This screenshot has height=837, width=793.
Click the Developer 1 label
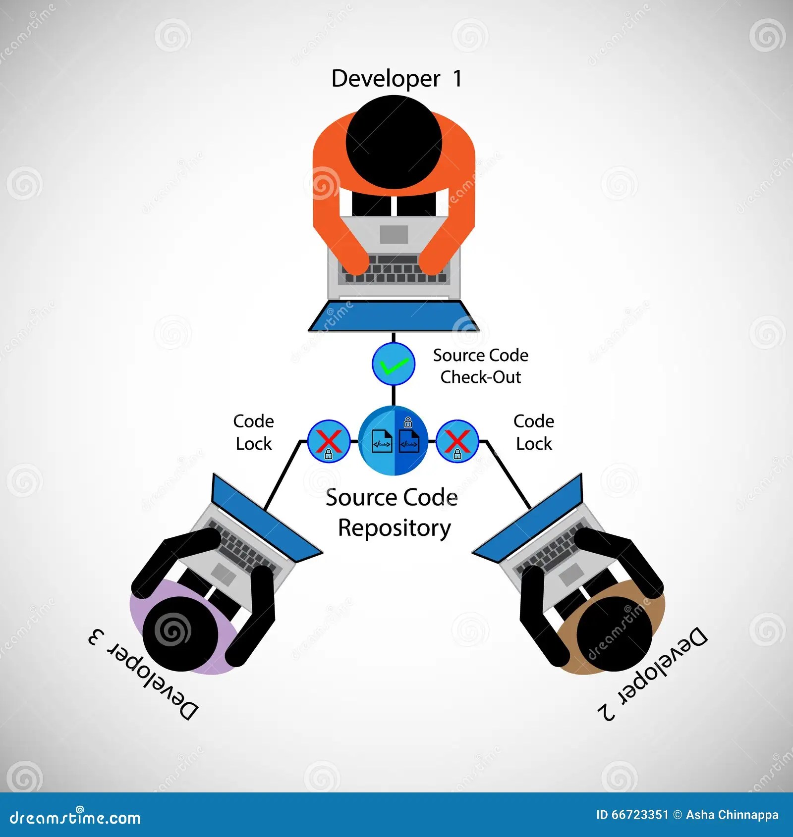[x=396, y=78]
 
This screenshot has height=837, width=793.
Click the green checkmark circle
[x=394, y=364]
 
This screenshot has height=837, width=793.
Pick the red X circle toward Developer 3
[x=329, y=441]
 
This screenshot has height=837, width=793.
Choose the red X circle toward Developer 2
[x=457, y=441]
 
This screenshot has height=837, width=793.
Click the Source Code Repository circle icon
[x=394, y=440]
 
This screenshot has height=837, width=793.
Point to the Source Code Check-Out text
[x=480, y=366]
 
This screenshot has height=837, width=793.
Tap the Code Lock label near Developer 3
[x=254, y=432]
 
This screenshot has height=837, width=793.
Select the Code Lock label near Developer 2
[x=534, y=432]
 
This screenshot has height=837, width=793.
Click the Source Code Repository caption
[x=393, y=513]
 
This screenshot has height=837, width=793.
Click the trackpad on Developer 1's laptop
[x=394, y=234]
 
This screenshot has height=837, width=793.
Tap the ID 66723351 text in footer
[x=632, y=815]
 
